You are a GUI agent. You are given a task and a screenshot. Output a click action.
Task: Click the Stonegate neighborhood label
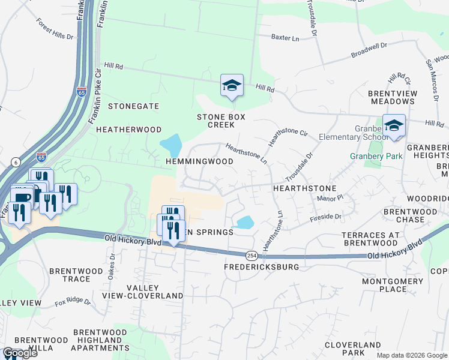[133, 106]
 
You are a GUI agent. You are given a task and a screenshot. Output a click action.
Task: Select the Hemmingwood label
[199, 162]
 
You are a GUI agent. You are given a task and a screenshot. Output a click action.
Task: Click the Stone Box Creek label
[221, 121]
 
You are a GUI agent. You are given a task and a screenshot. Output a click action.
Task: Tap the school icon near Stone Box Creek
[232, 85]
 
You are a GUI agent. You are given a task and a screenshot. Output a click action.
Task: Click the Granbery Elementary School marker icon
[394, 125]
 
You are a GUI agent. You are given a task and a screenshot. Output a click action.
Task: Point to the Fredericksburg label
[261, 266]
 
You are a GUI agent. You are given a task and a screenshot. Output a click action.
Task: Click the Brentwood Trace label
[76, 275]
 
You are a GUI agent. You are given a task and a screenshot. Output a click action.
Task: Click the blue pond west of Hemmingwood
[171, 144]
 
